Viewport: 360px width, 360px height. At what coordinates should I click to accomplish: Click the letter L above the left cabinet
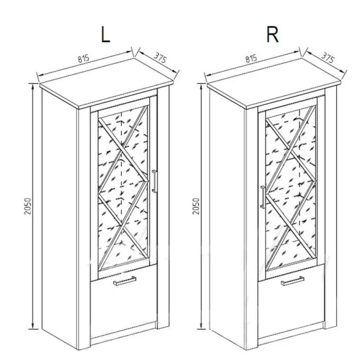pyautogui.click(x=105, y=34)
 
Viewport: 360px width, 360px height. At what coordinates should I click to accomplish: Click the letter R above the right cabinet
pyautogui.click(x=273, y=34)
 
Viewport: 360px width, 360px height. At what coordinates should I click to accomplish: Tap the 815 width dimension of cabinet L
pyautogui.click(x=83, y=59)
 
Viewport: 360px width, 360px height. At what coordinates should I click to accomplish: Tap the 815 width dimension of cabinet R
pyautogui.click(x=251, y=59)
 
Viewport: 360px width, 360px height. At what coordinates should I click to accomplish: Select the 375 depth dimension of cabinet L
pyautogui.click(x=160, y=58)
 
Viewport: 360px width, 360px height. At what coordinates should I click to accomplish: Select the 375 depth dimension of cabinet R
pyautogui.click(x=328, y=58)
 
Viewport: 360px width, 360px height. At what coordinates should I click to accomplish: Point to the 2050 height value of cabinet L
pyautogui.click(x=28, y=206)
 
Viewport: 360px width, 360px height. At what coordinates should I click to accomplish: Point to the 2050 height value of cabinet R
pyautogui.click(x=196, y=206)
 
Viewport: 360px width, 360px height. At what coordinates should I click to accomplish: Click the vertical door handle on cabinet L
pyautogui.click(x=154, y=181)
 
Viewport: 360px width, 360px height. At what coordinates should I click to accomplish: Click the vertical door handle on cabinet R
pyautogui.click(x=263, y=197)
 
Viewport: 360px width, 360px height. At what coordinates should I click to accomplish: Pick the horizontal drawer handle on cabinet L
pyautogui.click(x=124, y=281)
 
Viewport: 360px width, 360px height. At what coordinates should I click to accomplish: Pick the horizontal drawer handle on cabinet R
pyautogui.click(x=293, y=281)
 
